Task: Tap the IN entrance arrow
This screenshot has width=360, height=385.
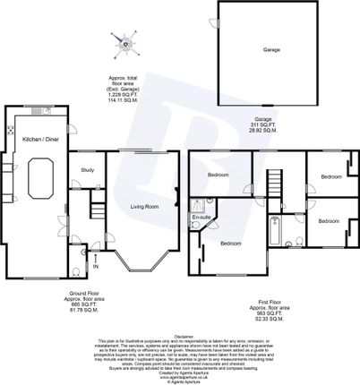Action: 95,266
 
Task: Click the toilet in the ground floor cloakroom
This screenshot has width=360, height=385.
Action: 86,254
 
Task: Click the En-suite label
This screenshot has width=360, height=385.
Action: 201,218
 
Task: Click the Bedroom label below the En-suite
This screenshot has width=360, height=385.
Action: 230,243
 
